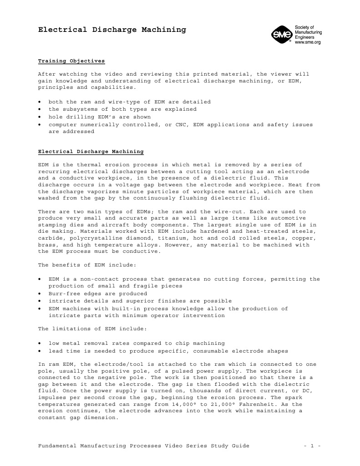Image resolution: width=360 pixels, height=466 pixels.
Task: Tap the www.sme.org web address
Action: pyautogui.click(x=308, y=42)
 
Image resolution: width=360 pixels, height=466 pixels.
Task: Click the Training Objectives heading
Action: pyautogui.click(x=71, y=61)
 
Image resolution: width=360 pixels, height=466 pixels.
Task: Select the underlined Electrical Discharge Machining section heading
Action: pyautogui.click(x=91, y=151)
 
